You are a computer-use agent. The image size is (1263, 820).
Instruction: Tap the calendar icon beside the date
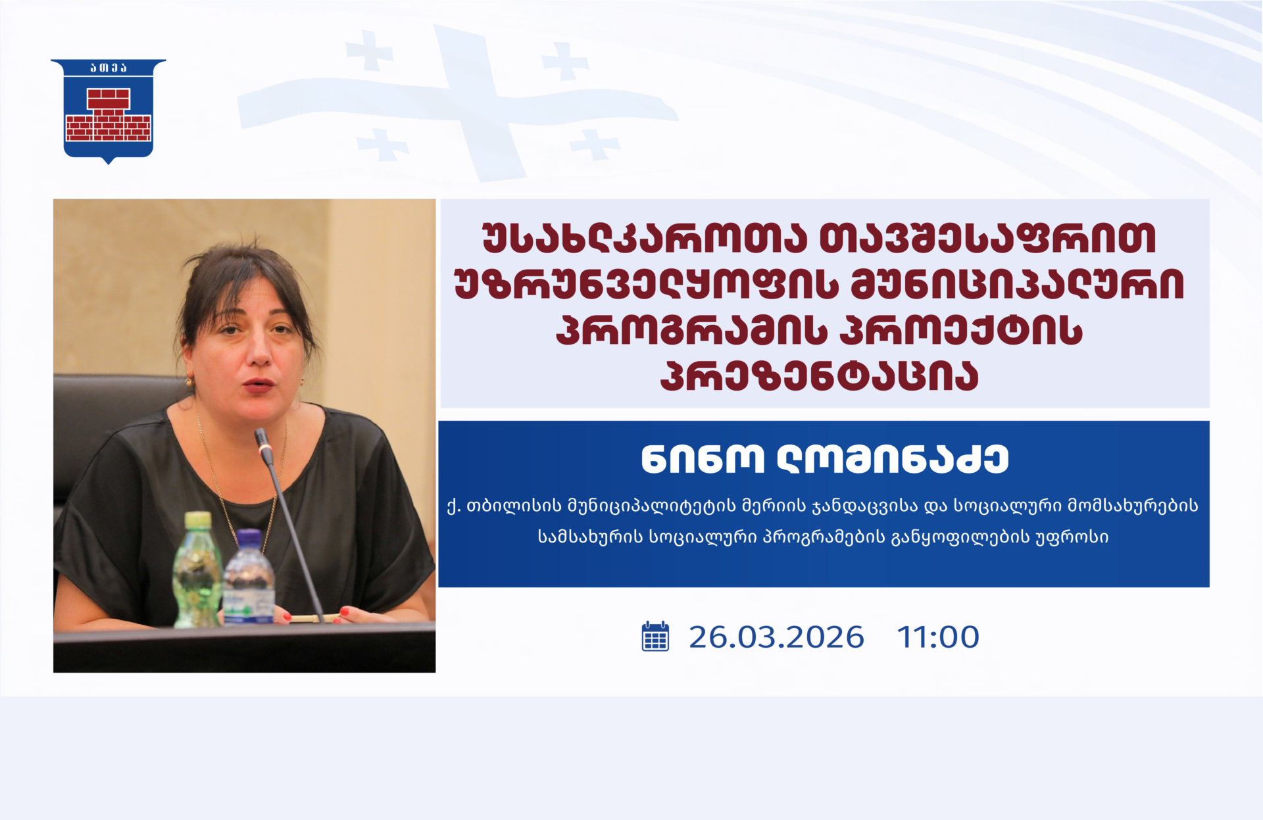655,636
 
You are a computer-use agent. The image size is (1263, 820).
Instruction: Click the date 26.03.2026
776,637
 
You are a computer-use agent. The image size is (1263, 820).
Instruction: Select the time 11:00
938,637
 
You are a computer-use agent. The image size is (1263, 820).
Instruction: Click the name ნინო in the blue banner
703,459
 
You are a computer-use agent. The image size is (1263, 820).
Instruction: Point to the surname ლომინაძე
893,459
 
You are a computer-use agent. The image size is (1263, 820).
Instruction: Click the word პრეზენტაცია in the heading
820,375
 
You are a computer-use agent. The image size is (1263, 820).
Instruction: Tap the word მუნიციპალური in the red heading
1017,284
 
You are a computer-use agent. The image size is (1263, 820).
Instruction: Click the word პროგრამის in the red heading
691,330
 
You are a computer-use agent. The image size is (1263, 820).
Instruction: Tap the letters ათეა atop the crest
109,68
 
